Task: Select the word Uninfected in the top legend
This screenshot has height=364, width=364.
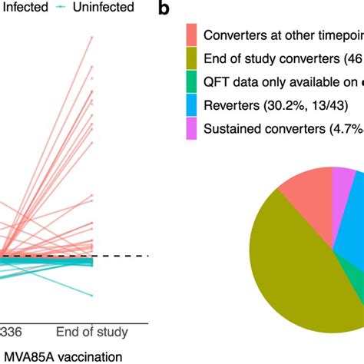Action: pyautogui.click(x=98, y=8)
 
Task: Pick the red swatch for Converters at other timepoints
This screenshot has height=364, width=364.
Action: pyautogui.click(x=192, y=34)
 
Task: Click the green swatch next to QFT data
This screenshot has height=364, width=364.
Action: pyautogui.click(x=192, y=82)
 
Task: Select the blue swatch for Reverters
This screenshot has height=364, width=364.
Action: pyautogui.click(x=192, y=107)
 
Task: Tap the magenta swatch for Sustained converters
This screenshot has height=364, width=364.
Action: pyautogui.click(x=192, y=131)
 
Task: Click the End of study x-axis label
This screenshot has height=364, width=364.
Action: pyautogui.click(x=92, y=332)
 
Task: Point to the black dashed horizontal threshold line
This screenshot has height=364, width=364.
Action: pyautogui.click(x=123, y=256)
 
